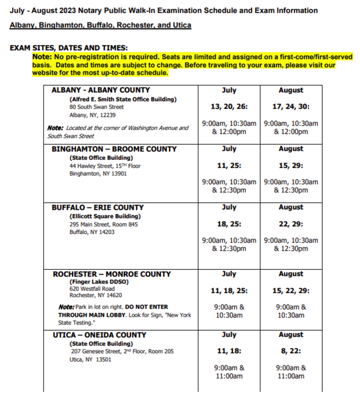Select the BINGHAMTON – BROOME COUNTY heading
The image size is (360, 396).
(114, 149)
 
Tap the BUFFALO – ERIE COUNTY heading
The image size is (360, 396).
(97, 208)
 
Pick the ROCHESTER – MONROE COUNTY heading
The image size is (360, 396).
(111, 274)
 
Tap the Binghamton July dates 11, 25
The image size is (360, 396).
(229, 166)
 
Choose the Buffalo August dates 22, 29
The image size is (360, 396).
(291, 224)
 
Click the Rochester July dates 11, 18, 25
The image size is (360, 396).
(229, 291)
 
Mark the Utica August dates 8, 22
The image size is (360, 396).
(291, 351)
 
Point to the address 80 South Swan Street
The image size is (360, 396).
(97, 107)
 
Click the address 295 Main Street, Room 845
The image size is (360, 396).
(104, 225)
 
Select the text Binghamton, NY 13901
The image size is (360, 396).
(98, 174)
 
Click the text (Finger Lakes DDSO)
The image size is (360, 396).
(98, 282)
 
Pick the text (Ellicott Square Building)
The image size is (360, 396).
(105, 216)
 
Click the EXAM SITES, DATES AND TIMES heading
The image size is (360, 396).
(68, 48)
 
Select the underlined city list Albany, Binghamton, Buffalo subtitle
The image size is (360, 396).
(100, 25)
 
